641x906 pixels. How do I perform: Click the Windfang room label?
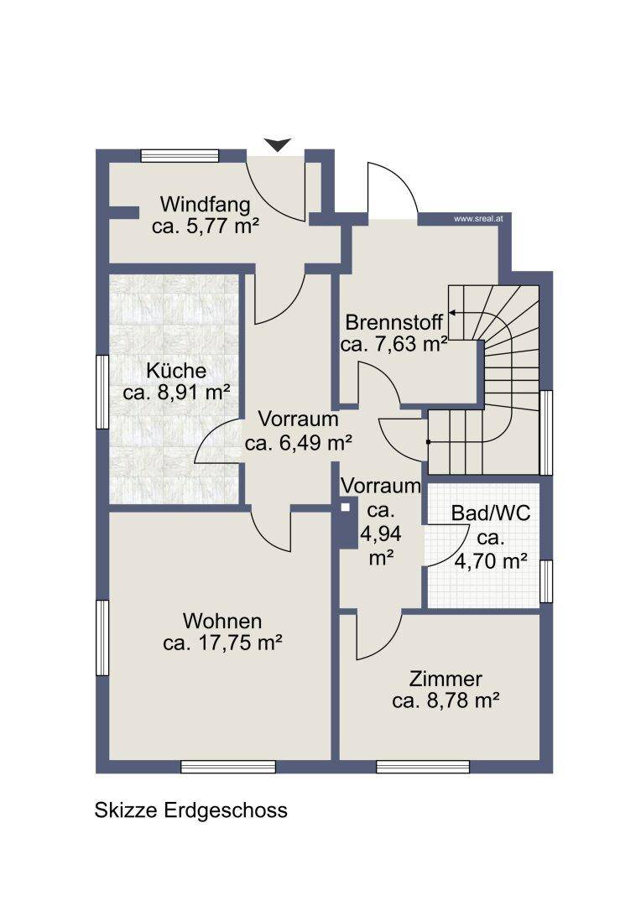(206, 204)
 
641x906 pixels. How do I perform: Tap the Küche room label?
(176, 371)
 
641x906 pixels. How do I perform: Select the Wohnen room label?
(222, 621)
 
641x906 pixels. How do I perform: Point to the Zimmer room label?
(446, 679)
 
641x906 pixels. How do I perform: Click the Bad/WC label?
(491, 513)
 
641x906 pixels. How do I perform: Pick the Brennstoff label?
(394, 322)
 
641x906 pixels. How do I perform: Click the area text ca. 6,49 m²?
(298, 443)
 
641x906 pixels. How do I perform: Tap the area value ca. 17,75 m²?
(222, 643)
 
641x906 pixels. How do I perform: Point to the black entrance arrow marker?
(278, 145)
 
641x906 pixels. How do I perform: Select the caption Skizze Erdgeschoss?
(190, 810)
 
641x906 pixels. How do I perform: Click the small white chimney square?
(346, 508)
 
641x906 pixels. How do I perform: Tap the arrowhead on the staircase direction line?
(452, 313)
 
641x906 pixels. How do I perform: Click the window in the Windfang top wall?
(180, 155)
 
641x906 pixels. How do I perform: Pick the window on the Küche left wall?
(102, 392)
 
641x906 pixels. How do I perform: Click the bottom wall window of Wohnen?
(228, 767)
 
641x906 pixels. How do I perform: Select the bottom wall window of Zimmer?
(423, 767)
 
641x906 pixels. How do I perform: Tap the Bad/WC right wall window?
(546, 581)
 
